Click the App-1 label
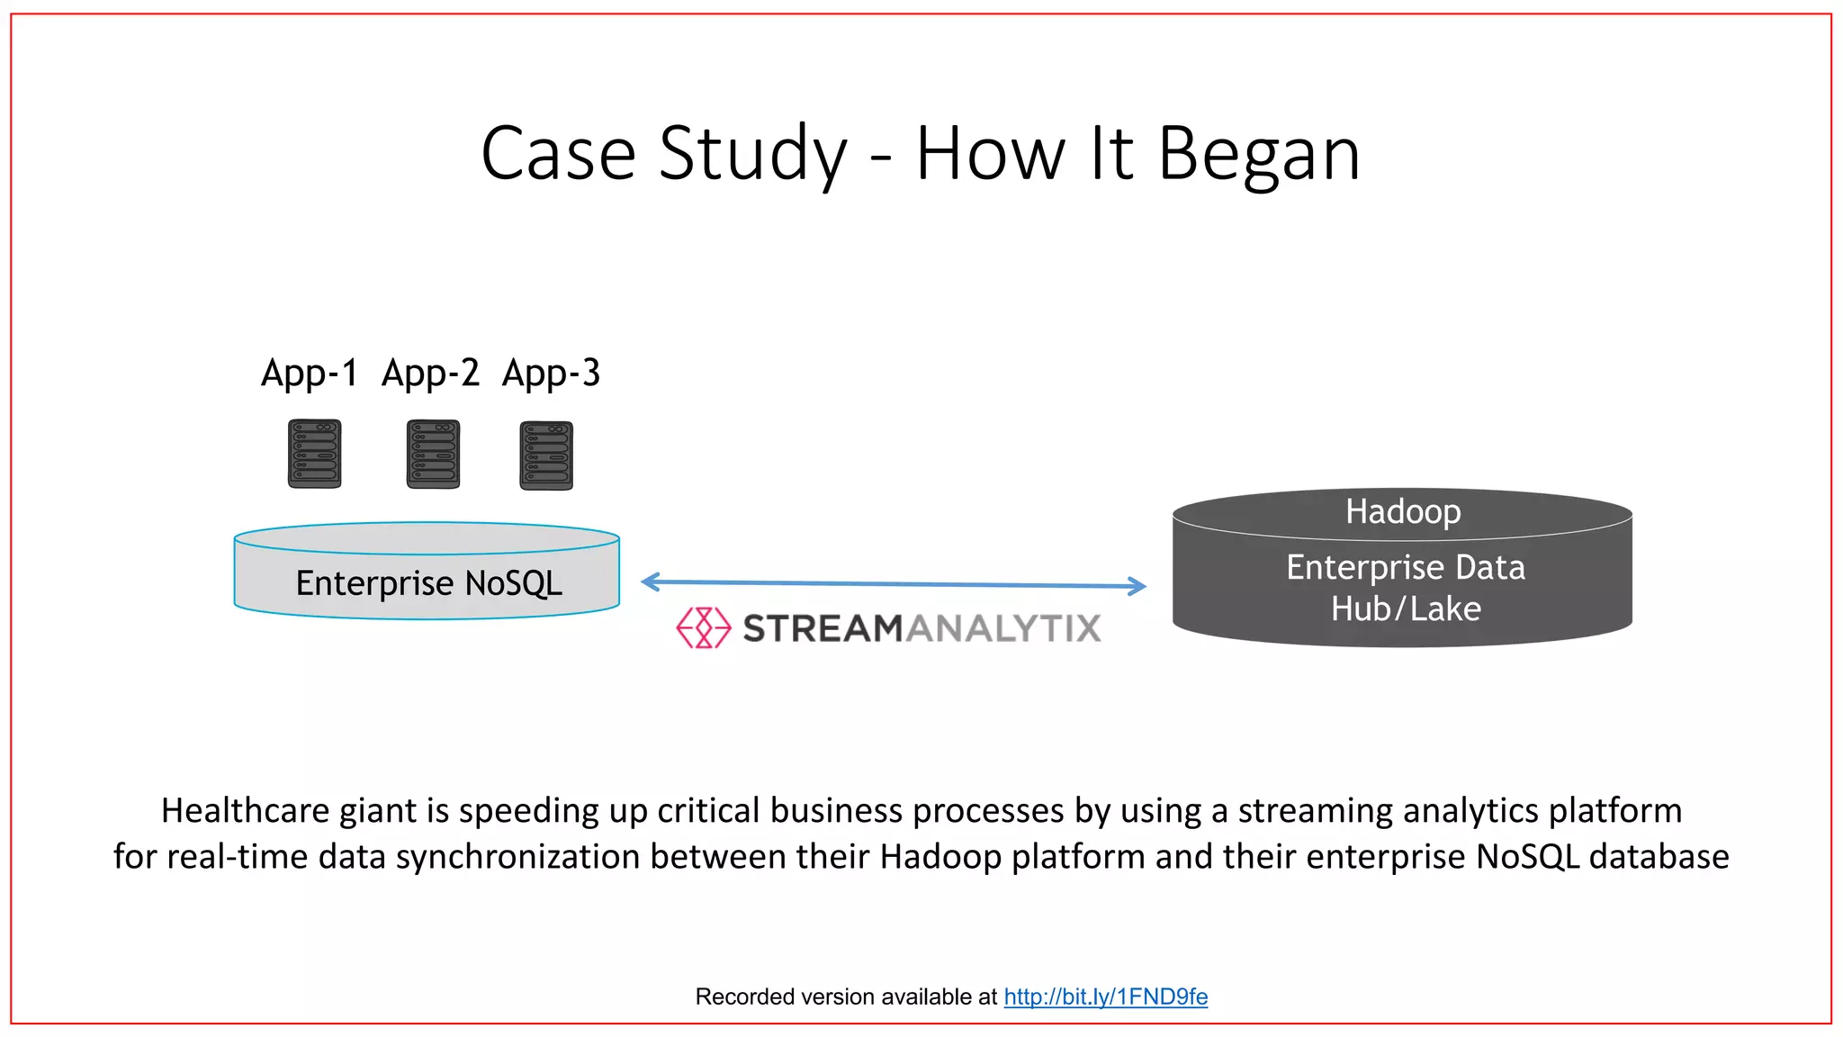point(309,374)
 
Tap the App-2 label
point(430,374)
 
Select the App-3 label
point(551,374)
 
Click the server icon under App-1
point(314,454)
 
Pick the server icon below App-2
point(433,454)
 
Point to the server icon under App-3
point(546,455)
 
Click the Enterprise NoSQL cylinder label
point(428,583)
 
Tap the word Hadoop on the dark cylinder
point(1403,511)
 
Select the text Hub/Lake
point(1406,609)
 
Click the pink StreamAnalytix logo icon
point(703,627)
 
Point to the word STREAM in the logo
point(822,628)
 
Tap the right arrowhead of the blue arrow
point(1137,586)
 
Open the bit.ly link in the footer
point(1105,996)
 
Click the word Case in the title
point(558,153)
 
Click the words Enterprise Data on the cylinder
point(1405,568)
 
